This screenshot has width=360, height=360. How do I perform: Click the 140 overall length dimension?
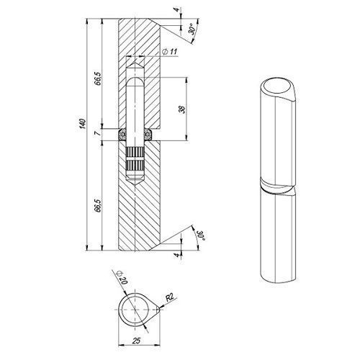[x=83, y=124]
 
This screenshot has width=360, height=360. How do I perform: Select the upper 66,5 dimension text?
[x=98, y=78]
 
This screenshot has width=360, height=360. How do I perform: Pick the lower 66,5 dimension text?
[x=98, y=205]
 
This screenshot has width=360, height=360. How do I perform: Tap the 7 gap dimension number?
[x=98, y=132]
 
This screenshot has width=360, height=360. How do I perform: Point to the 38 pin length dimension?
[x=182, y=110]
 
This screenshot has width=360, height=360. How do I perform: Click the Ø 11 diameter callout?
[x=170, y=51]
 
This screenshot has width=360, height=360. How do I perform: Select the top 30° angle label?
[x=192, y=30]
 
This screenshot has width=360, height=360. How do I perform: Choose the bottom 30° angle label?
[x=200, y=235]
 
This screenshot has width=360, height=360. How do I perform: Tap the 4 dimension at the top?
[x=177, y=10]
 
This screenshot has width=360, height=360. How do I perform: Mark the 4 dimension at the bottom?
[x=177, y=255]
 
